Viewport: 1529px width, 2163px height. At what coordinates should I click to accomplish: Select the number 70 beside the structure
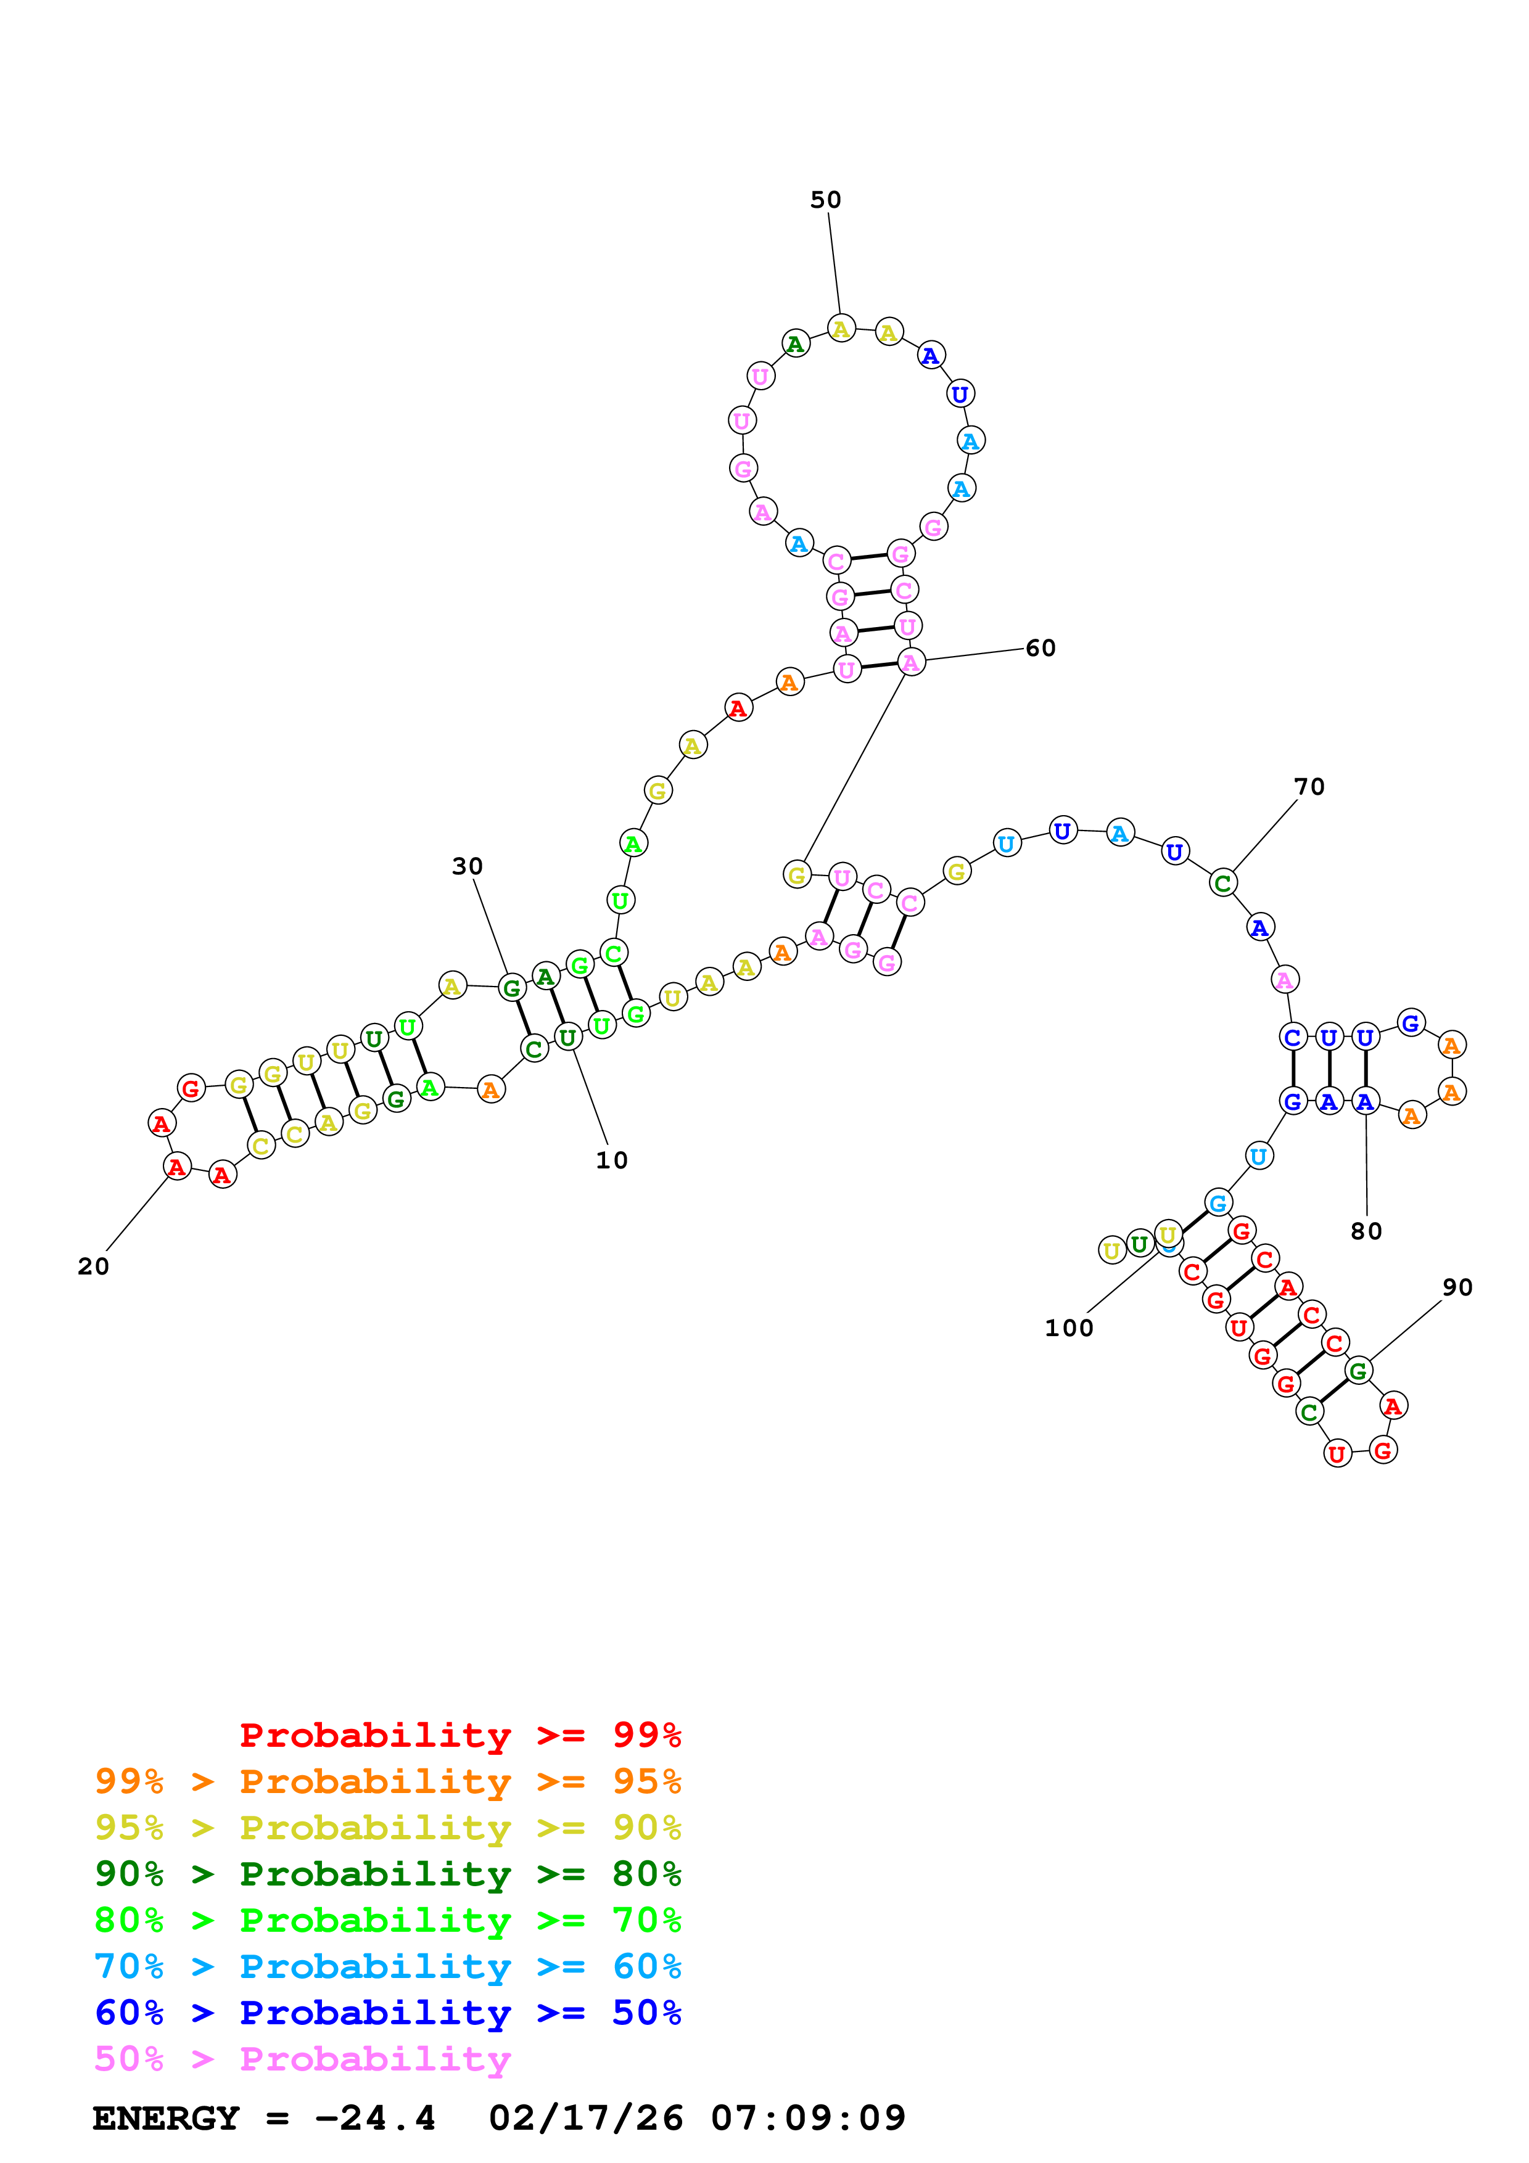(1309, 787)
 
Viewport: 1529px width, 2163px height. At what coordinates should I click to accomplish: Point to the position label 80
(1366, 1231)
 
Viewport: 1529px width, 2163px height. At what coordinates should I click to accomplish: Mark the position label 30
(468, 867)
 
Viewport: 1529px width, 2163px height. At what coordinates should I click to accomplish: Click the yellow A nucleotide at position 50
(841, 329)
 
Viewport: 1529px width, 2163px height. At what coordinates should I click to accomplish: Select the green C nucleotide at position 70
(1223, 884)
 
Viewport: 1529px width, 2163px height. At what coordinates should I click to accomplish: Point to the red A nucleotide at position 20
(177, 1167)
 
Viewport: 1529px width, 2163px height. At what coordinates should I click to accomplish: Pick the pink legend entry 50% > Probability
(302, 2059)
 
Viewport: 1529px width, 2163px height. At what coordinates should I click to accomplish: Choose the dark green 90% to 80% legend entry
(388, 1874)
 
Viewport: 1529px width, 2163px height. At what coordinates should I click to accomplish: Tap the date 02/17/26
(586, 2119)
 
